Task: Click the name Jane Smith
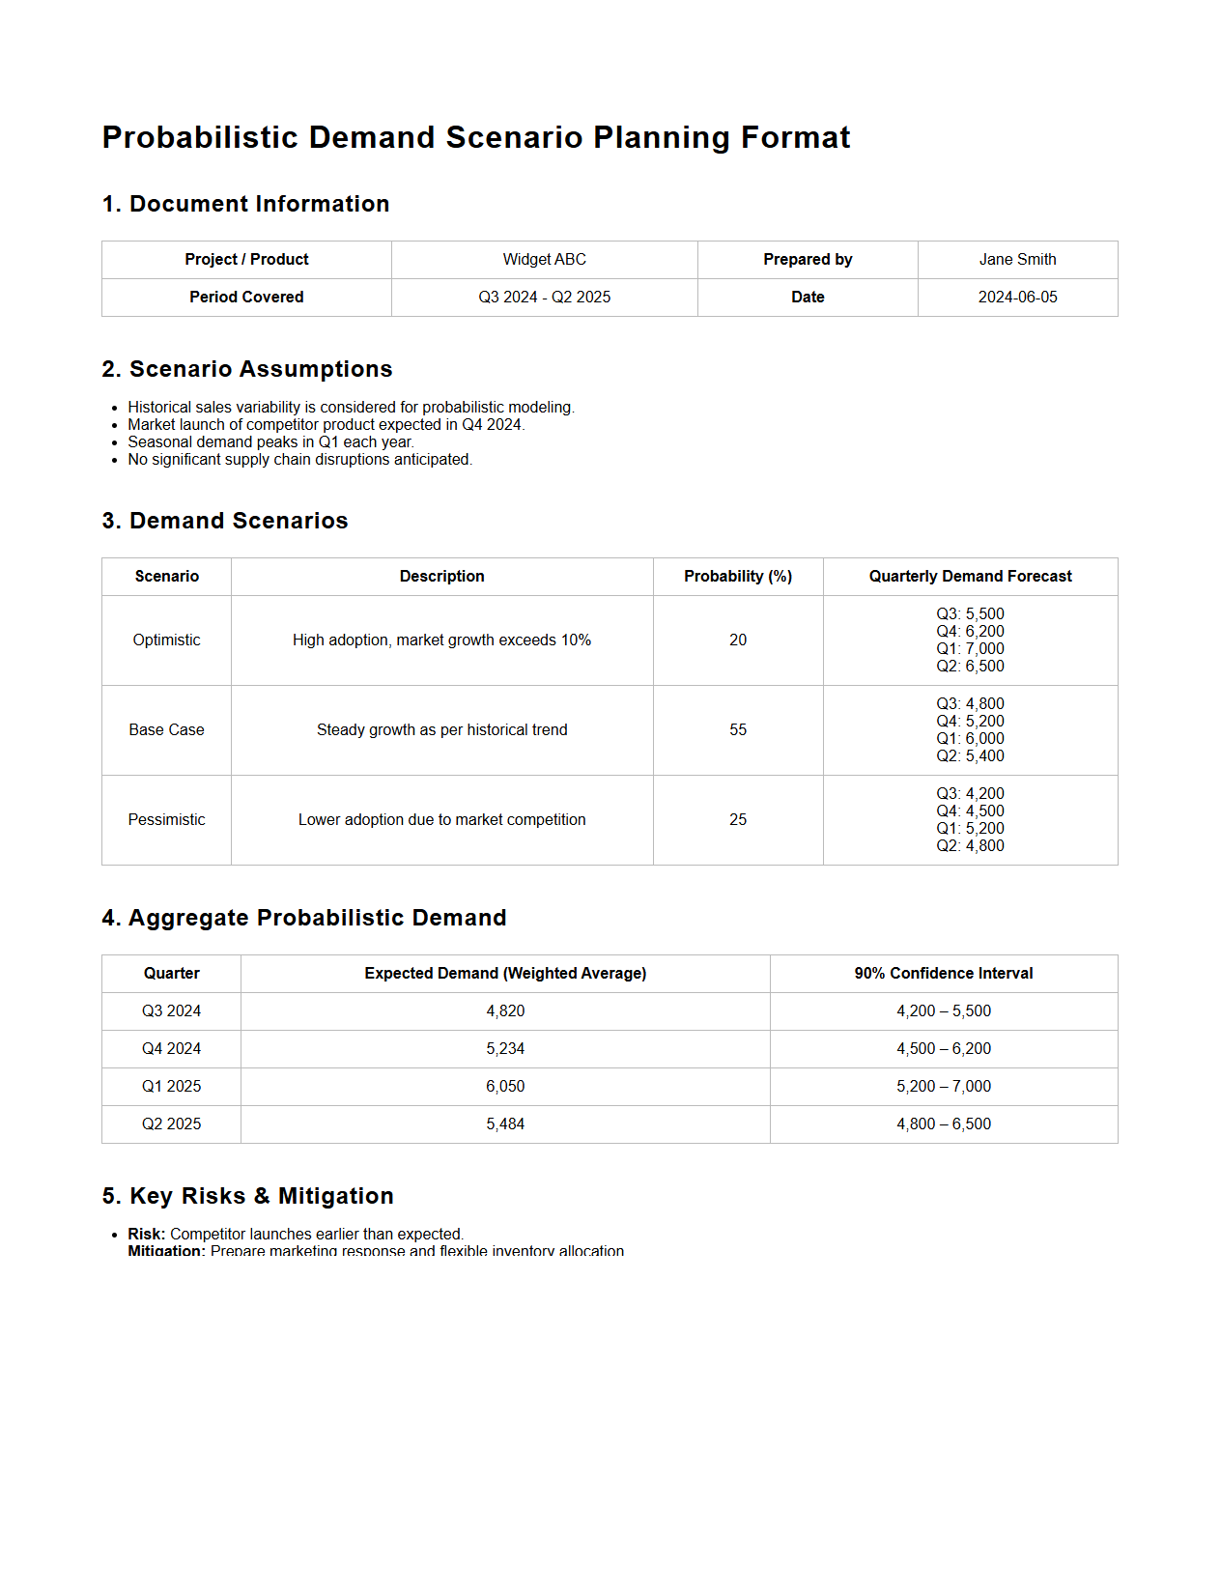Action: click(x=1017, y=259)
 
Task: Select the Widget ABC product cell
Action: click(x=544, y=259)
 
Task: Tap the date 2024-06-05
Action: click(x=1017, y=297)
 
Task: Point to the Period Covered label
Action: click(x=246, y=297)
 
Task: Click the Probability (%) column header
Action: click(x=738, y=576)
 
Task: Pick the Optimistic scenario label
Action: click(x=166, y=640)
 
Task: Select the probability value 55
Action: click(x=738, y=729)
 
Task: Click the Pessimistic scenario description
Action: click(x=441, y=819)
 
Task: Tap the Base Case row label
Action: click(x=166, y=729)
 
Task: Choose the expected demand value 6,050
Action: click(x=505, y=1086)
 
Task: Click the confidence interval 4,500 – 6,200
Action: click(x=944, y=1048)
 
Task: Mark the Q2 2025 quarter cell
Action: click(x=171, y=1124)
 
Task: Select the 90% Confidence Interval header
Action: click(x=944, y=973)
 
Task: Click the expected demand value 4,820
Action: click(x=505, y=1010)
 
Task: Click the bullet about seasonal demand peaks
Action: click(x=270, y=441)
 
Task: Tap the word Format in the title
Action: click(x=795, y=137)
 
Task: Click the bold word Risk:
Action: click(x=147, y=1234)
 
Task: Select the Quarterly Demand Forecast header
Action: click(x=970, y=576)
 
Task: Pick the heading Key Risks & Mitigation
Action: click(x=248, y=1196)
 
